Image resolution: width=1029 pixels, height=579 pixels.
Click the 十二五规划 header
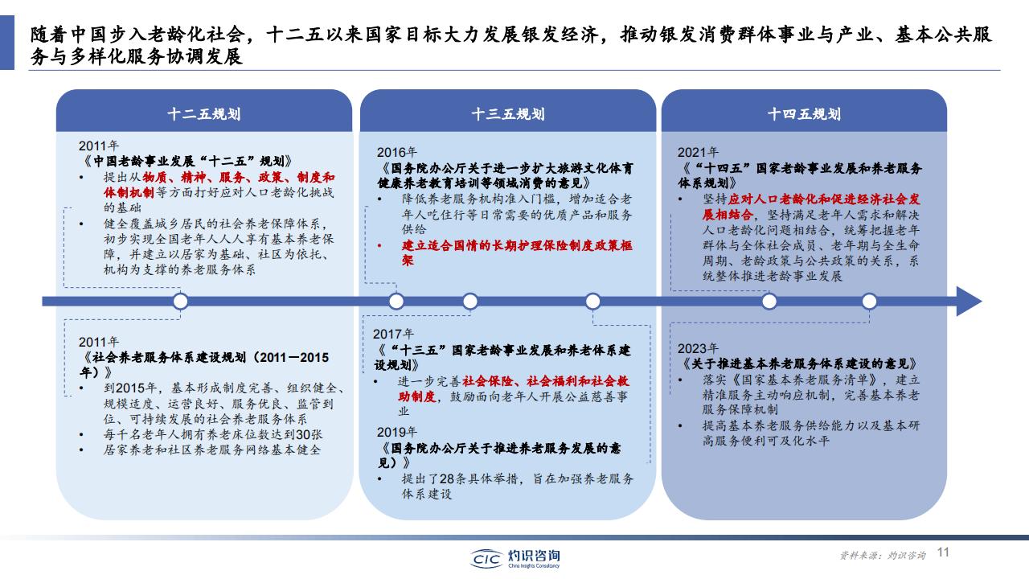click(x=204, y=114)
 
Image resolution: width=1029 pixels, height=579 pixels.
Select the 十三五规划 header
click(x=508, y=114)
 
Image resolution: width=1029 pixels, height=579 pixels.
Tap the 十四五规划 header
click(x=804, y=114)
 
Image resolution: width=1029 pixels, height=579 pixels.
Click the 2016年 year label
click(x=397, y=152)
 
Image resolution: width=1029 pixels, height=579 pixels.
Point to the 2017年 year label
click(x=393, y=334)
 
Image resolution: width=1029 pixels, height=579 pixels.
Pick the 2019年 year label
click(x=397, y=432)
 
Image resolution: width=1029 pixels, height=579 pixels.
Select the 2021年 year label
click(x=698, y=152)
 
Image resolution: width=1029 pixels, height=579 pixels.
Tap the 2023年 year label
click(x=698, y=348)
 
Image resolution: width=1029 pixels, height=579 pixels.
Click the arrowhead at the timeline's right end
click(x=970, y=302)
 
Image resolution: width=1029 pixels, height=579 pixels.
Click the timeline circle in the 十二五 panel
click(x=181, y=302)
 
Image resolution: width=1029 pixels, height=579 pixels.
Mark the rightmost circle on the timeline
click(x=869, y=302)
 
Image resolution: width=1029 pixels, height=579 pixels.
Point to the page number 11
click(x=943, y=552)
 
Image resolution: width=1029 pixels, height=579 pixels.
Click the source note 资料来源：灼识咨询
click(x=883, y=555)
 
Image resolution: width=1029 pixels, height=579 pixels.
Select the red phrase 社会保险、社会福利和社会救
click(x=546, y=381)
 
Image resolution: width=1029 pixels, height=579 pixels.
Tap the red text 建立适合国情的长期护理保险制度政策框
click(x=517, y=245)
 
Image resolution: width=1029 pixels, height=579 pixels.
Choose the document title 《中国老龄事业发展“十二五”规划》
click(x=187, y=162)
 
